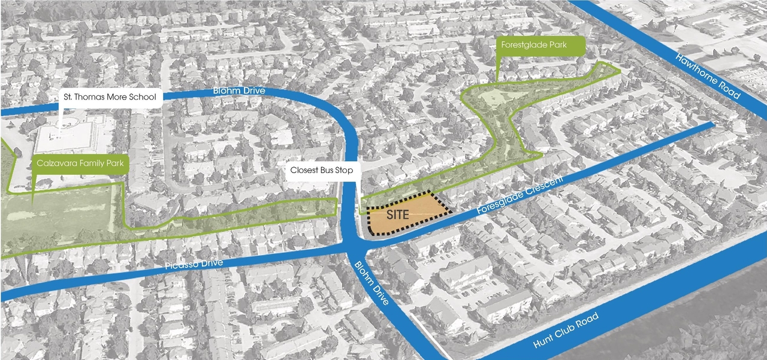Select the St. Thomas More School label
point(110,97)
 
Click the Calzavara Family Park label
point(80,164)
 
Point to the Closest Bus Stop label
point(322,171)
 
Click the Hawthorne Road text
point(708,77)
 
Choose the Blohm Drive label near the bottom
point(372,282)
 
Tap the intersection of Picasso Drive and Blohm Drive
point(352,246)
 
